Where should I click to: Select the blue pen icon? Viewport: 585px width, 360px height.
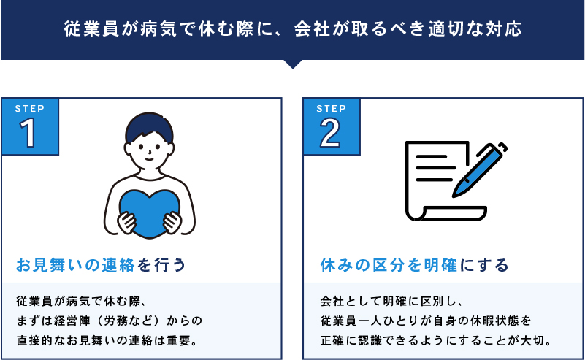point(479,169)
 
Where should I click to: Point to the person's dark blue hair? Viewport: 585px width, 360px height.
point(149,126)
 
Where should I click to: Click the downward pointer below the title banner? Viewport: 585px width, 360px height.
point(293,64)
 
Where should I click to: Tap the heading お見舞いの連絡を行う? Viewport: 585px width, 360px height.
point(101,265)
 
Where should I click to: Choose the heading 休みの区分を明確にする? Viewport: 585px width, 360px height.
point(414,265)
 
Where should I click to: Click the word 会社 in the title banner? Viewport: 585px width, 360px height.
point(312,29)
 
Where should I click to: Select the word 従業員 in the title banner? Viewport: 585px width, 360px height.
point(91,29)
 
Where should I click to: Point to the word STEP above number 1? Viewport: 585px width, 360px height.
point(30,109)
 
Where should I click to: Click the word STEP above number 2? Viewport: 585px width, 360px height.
point(332,109)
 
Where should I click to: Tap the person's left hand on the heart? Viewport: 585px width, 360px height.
point(172,223)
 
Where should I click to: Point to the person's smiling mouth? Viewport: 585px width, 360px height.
point(149,159)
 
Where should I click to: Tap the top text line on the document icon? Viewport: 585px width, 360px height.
point(432,157)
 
